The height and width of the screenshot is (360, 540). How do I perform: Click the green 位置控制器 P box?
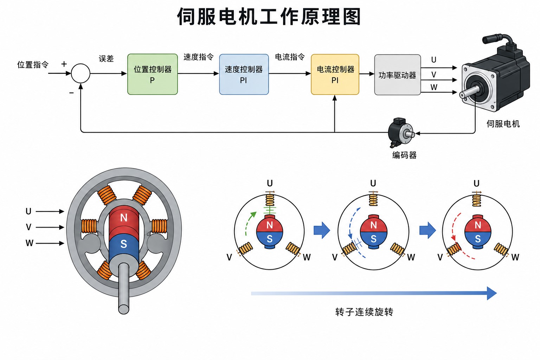tap(152, 74)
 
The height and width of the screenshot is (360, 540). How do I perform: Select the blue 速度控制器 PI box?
tap(244, 74)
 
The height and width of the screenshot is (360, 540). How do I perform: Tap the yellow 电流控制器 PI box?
tap(335, 74)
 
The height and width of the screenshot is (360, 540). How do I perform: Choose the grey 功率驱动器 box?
tap(397, 75)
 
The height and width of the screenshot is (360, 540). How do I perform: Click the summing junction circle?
tap(81, 73)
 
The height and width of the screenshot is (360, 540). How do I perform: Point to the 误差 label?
tap(106, 59)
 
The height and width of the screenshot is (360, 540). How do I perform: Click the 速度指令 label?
tap(198, 57)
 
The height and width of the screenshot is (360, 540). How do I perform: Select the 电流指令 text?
tap(290, 57)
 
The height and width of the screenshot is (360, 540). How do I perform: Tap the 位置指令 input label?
tap(33, 65)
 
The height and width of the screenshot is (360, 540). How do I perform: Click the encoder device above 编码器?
tap(401, 133)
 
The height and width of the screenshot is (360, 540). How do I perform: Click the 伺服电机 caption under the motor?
tap(503, 124)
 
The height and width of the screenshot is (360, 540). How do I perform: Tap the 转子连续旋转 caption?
tap(364, 312)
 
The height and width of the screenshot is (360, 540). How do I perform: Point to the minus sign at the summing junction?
tap(71, 93)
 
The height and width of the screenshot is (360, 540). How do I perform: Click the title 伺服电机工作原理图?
tap(269, 17)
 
